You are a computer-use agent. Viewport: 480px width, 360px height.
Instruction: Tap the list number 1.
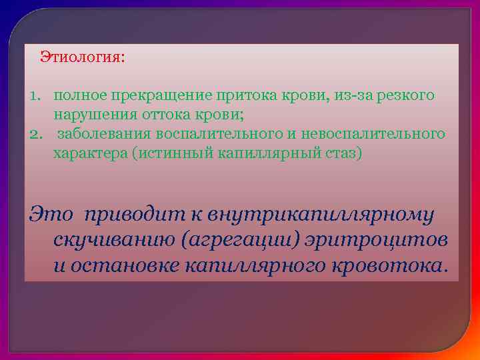click(34, 96)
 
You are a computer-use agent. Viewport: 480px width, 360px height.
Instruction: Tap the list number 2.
click(35, 135)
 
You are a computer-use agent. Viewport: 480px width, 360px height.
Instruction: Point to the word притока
click(226, 96)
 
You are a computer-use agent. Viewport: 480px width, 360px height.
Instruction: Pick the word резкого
click(406, 96)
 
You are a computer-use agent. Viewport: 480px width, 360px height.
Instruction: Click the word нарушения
click(88, 115)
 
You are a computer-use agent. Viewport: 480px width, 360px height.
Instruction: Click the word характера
click(90, 153)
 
